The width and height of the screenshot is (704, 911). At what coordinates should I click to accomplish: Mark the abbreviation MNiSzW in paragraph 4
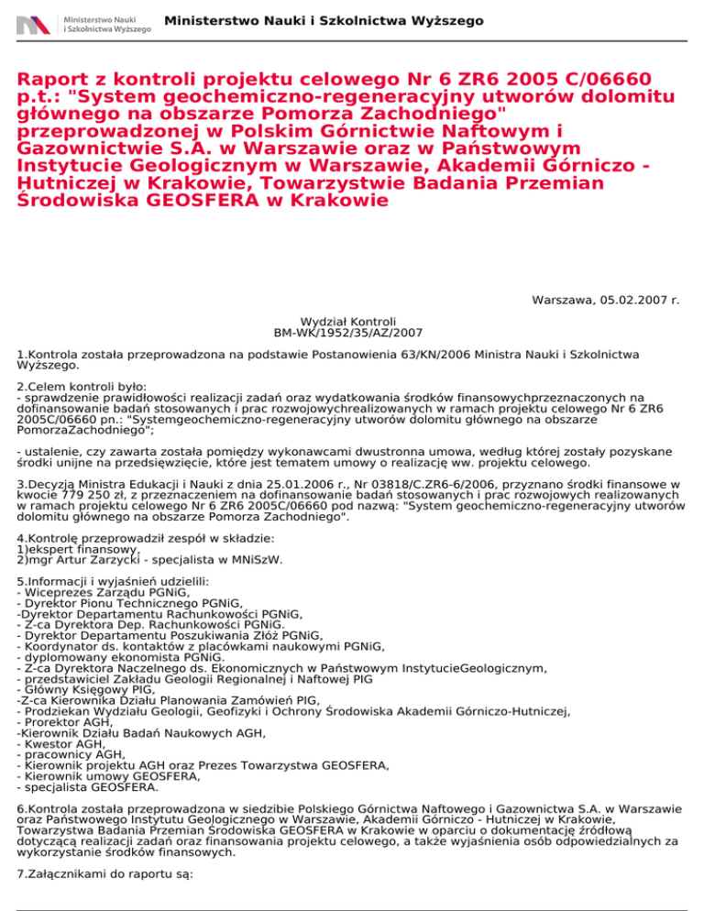point(258,559)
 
